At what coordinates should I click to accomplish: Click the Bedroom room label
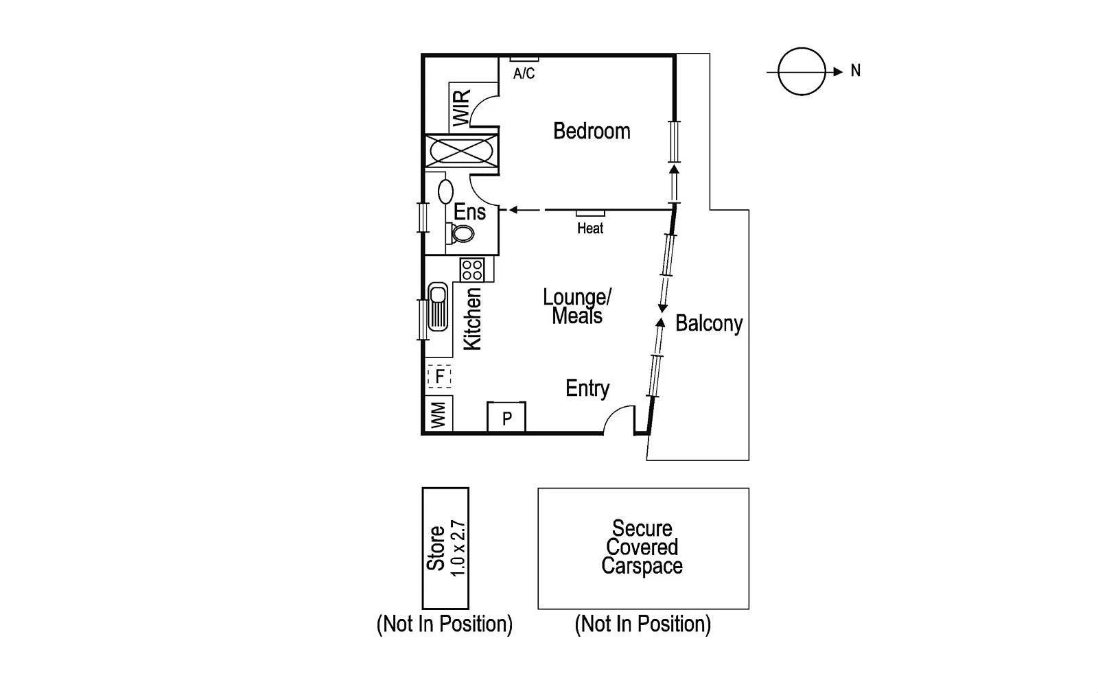click(x=592, y=131)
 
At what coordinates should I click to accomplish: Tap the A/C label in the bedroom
click(x=524, y=73)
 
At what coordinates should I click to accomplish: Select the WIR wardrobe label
click(x=462, y=108)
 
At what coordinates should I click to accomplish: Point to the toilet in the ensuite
click(x=462, y=233)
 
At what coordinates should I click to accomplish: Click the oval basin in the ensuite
click(x=445, y=191)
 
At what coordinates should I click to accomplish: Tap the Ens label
click(x=469, y=212)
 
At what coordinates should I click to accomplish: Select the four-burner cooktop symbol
click(x=472, y=269)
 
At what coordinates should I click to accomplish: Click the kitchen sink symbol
click(x=437, y=307)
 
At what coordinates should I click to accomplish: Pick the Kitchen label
click(x=473, y=319)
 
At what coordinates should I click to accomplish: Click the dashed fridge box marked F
click(x=439, y=376)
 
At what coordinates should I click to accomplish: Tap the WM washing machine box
click(x=439, y=414)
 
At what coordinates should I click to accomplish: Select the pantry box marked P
click(x=506, y=417)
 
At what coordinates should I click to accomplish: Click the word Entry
click(x=587, y=388)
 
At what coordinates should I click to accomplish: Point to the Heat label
click(x=590, y=228)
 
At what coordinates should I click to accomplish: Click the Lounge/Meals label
click(x=577, y=307)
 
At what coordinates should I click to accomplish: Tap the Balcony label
click(x=709, y=323)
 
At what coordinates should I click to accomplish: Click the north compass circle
click(x=802, y=71)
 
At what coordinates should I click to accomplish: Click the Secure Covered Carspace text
click(x=642, y=548)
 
